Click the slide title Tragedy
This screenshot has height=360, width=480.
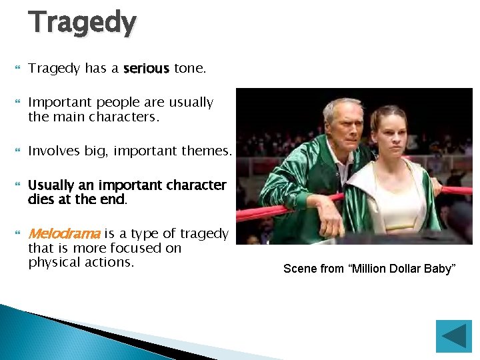coord(82,22)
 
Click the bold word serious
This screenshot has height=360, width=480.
coord(146,69)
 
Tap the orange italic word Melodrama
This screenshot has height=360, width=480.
coord(64,234)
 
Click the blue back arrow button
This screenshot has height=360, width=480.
coord(453,337)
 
